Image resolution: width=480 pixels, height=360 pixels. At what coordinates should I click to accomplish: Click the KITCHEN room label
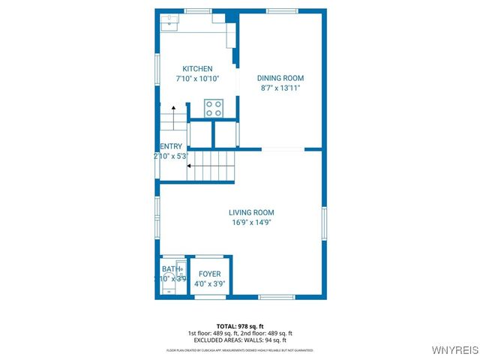198,69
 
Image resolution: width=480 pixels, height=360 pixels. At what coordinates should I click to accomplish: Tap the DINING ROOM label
280,78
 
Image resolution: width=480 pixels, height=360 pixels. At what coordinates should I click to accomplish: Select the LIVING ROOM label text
251,212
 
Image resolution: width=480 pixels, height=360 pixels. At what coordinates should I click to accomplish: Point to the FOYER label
210,274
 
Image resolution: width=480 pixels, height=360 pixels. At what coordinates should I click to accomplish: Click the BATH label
171,269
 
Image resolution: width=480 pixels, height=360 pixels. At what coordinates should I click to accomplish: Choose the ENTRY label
170,146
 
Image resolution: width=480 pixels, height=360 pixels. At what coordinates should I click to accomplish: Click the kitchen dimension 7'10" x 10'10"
198,79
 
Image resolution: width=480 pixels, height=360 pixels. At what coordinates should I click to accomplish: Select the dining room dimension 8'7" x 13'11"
280,88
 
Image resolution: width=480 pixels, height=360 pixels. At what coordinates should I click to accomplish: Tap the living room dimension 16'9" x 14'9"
251,223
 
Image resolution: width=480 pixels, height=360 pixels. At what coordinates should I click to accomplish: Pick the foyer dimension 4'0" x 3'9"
210,284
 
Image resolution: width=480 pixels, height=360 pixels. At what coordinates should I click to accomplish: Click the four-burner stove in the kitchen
214,108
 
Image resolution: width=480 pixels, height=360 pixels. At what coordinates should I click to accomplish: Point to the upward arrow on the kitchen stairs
172,110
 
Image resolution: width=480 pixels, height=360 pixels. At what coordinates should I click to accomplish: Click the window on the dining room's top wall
280,10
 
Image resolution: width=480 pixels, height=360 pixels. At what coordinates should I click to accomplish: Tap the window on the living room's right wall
324,225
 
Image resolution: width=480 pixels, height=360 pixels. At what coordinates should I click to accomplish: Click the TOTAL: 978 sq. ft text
240,326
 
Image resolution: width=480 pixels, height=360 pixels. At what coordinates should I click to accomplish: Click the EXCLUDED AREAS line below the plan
240,340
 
